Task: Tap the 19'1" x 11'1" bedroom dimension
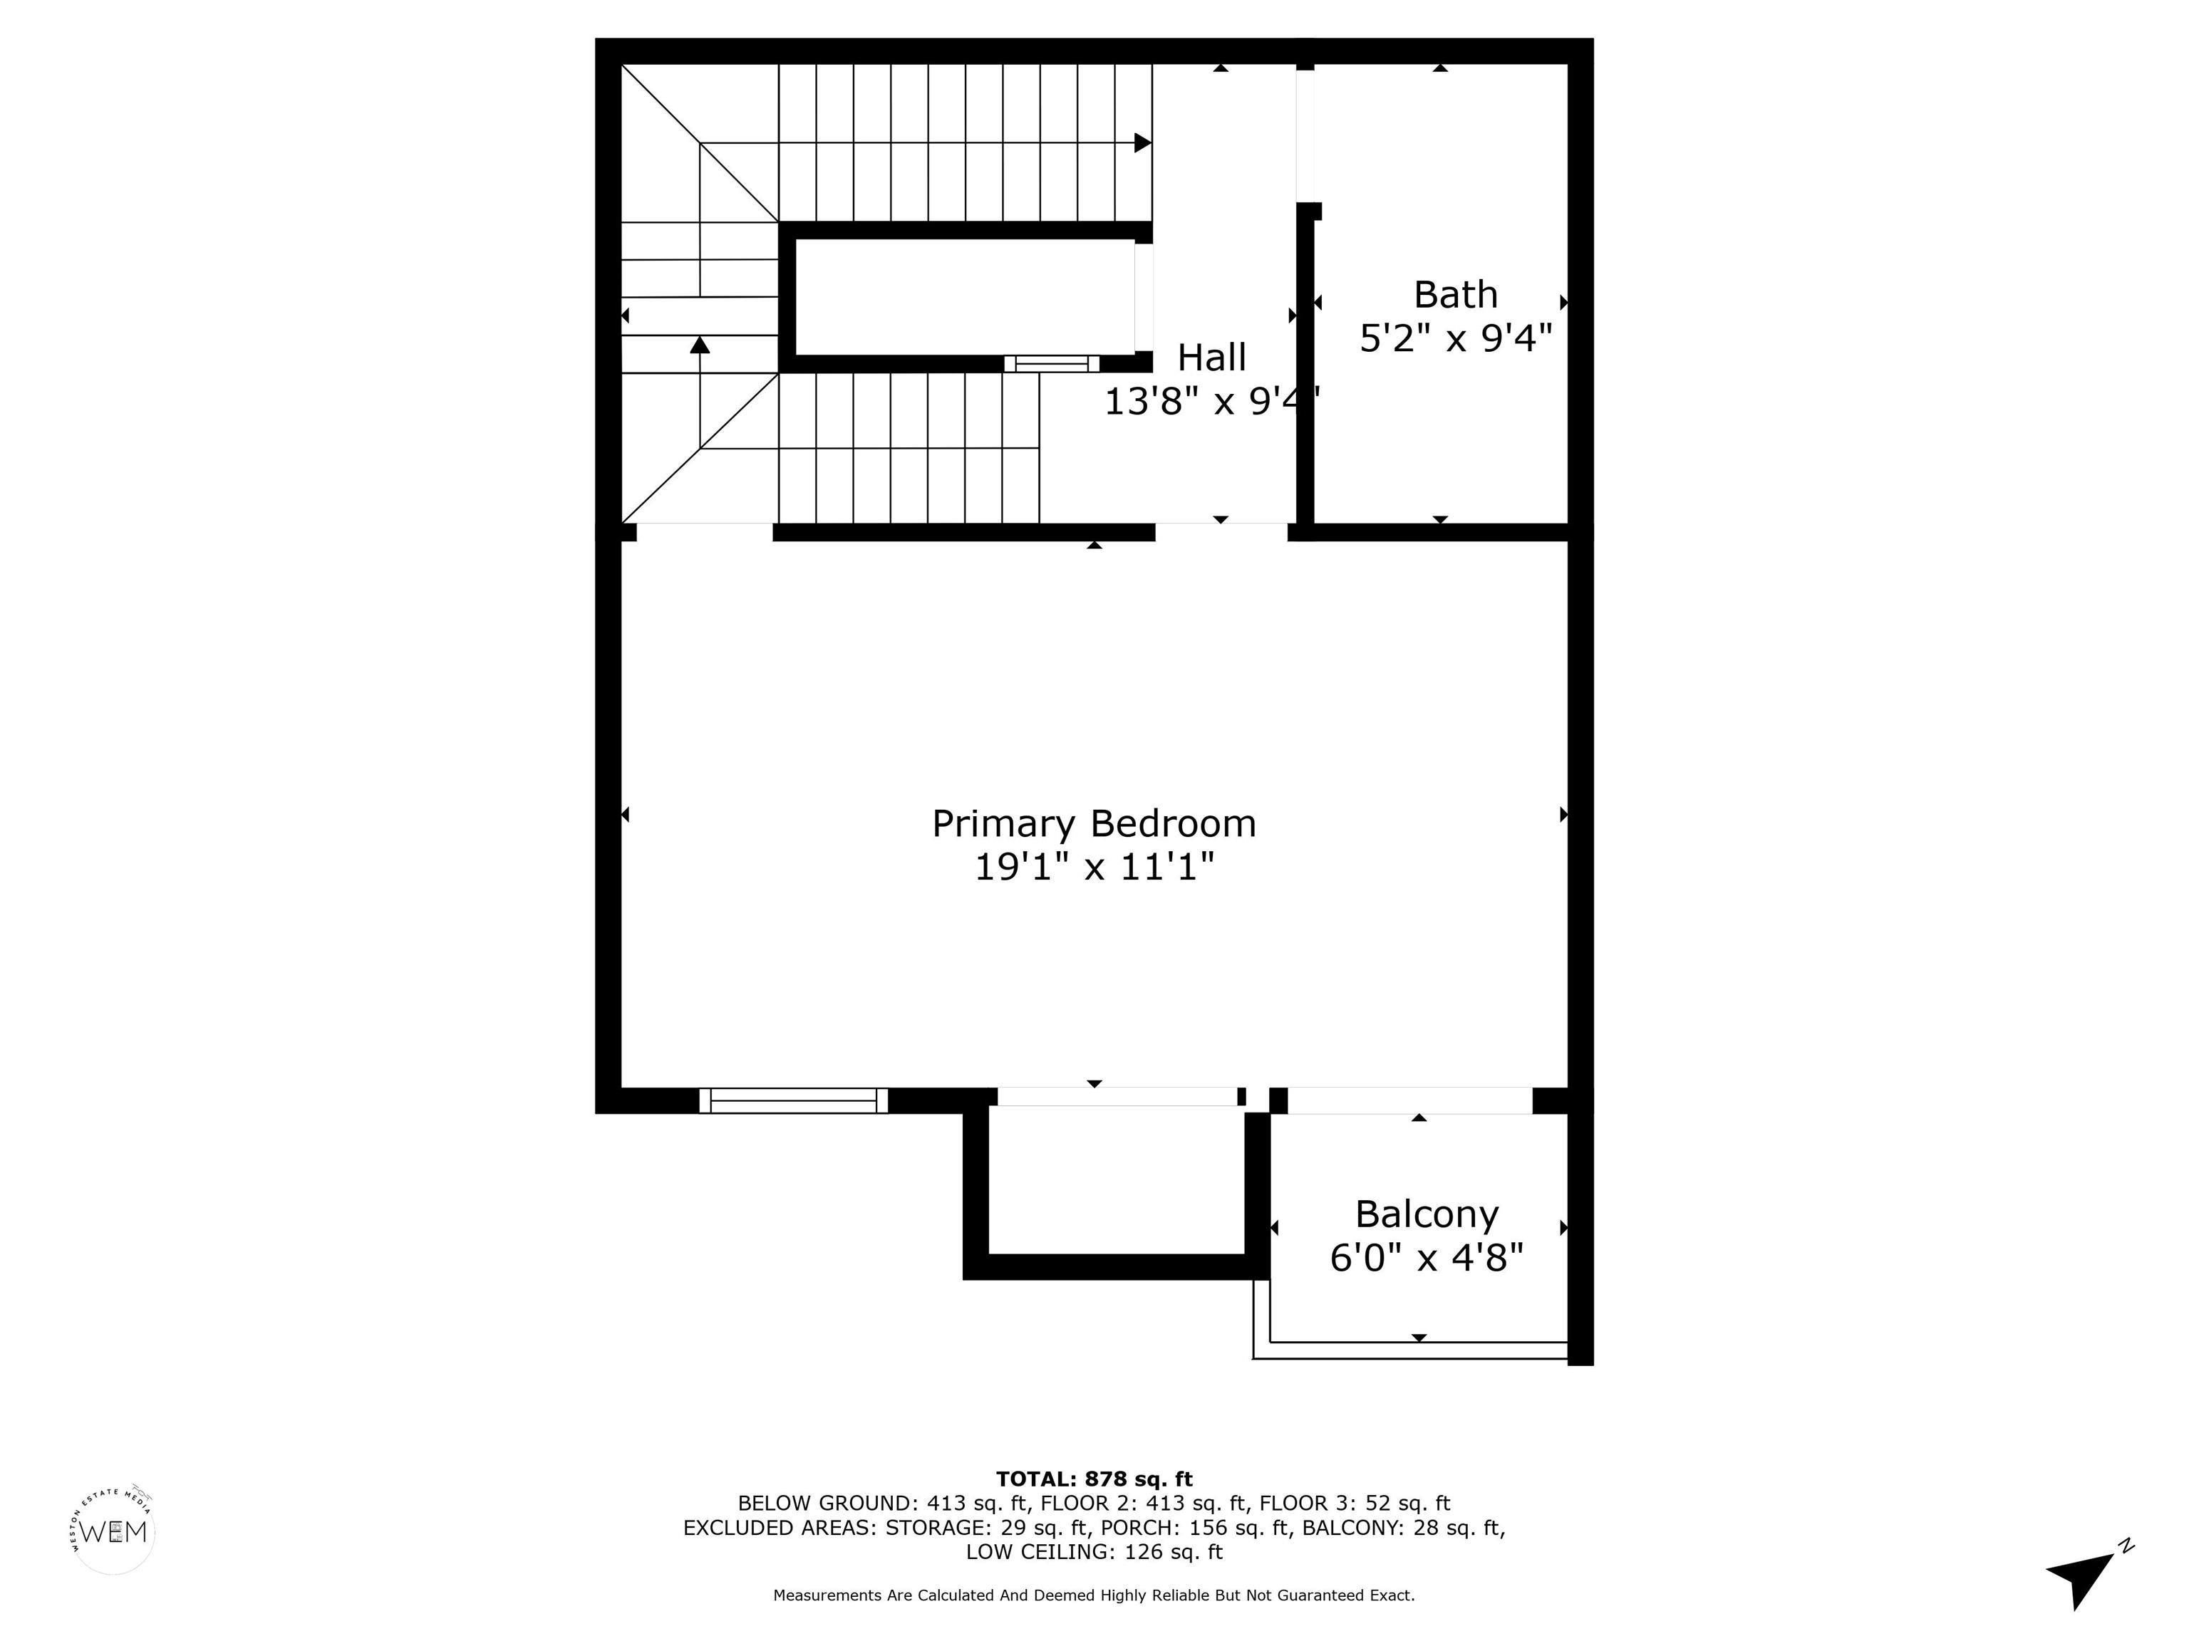(1094, 868)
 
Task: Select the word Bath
(1455, 295)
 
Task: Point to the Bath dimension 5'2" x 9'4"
(1455, 338)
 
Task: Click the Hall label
(1211, 357)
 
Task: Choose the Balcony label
(1426, 1214)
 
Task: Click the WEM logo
(114, 1532)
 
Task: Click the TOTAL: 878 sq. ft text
(1094, 1479)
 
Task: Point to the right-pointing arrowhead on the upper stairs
(1143, 142)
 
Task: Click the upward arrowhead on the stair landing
(700, 344)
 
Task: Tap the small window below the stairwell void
(1052, 363)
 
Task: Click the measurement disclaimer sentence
(1094, 1595)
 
